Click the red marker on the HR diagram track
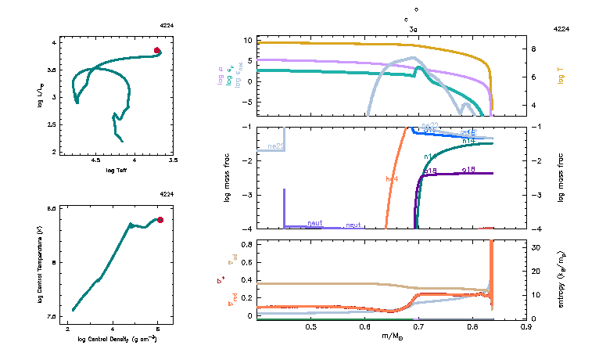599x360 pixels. tap(157, 51)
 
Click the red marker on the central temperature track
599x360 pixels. tap(160, 220)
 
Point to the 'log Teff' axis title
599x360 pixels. tap(117, 170)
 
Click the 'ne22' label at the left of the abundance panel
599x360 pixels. tap(274, 146)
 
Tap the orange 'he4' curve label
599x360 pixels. tap(392, 179)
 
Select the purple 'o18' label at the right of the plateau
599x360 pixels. tap(468, 168)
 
